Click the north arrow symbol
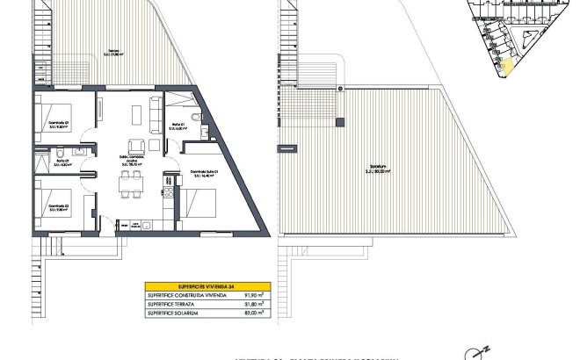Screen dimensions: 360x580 [x=482, y=351]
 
